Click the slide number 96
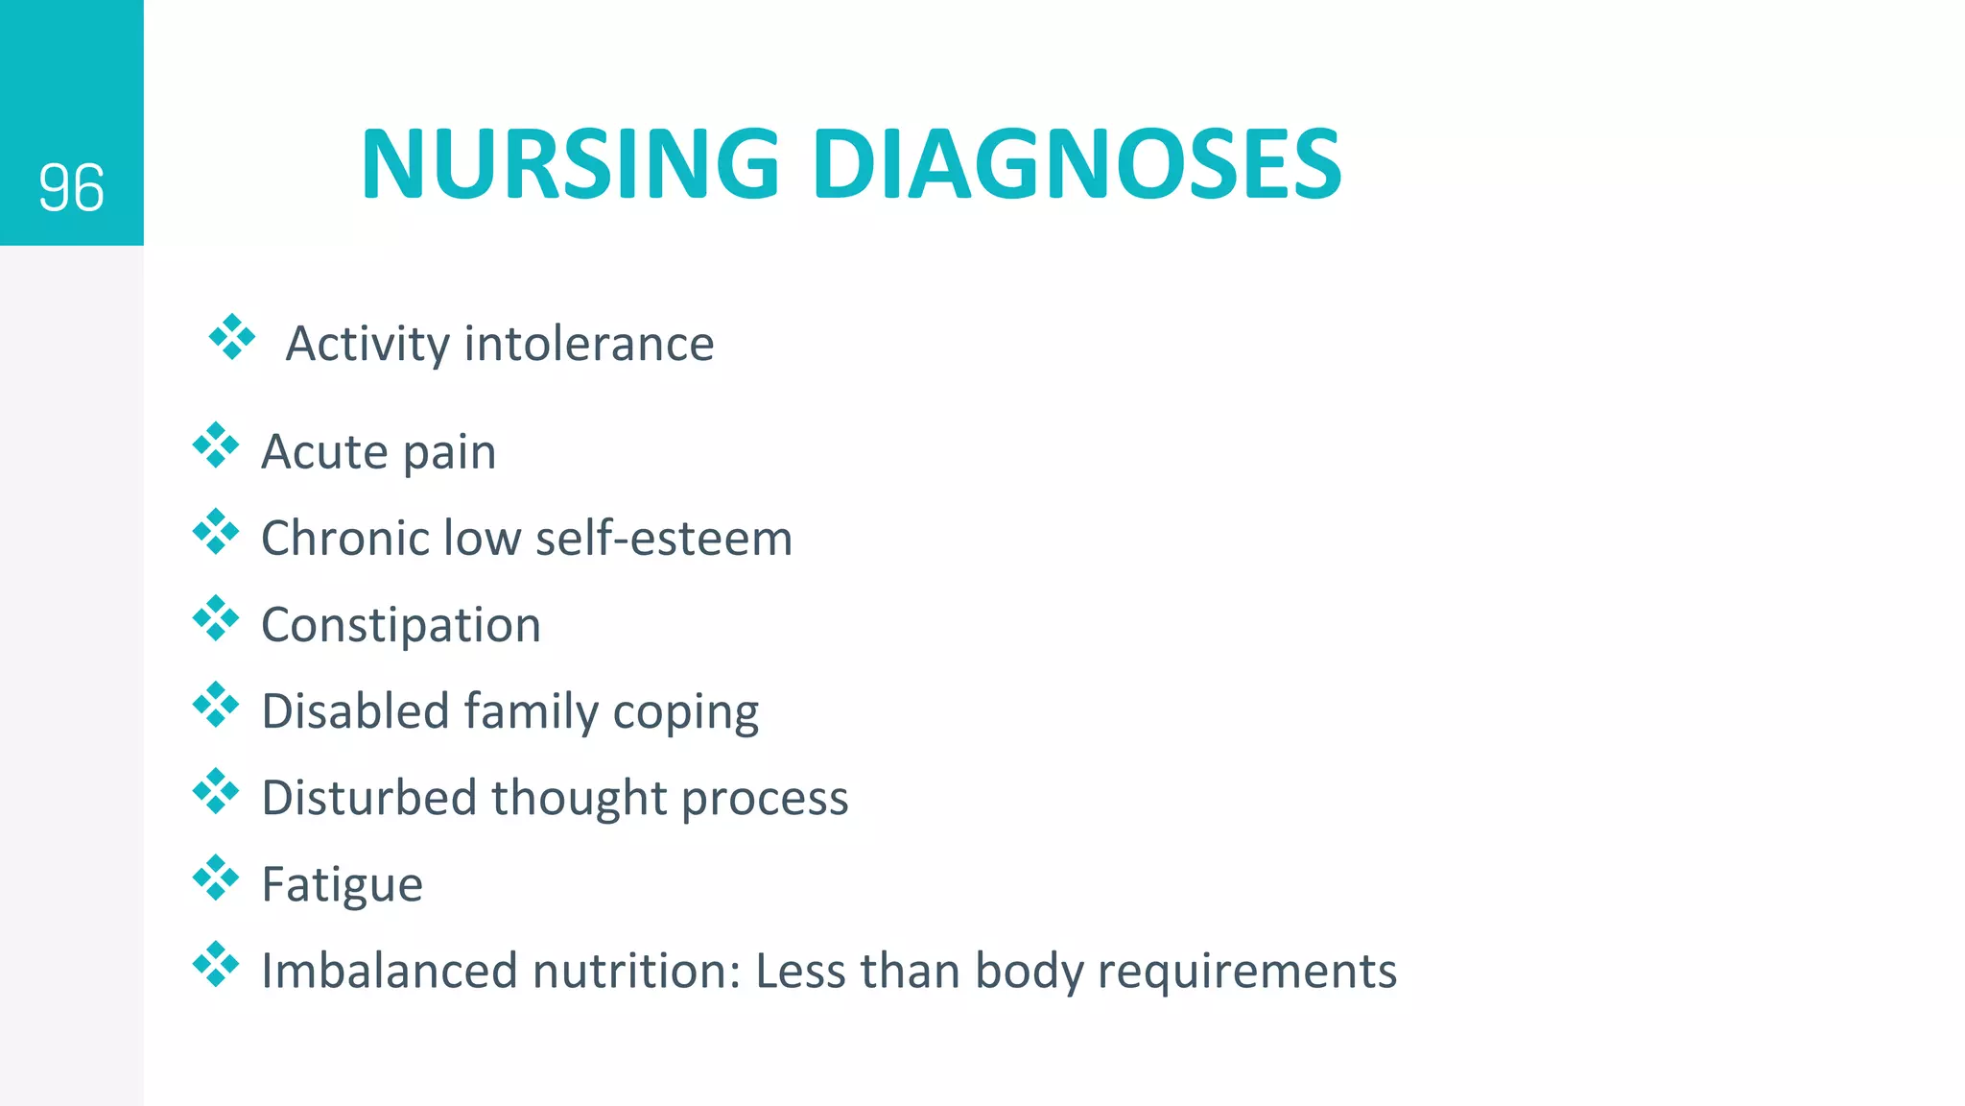[x=71, y=188]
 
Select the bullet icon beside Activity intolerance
[x=232, y=337]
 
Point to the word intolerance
[x=589, y=344]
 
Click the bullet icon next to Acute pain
[x=216, y=445]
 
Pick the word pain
[x=449, y=452]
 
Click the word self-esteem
[x=664, y=538]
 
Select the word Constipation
[x=401, y=625]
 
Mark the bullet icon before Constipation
[x=216, y=618]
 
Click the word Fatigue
[x=342, y=885]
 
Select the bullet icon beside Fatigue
[x=216, y=878]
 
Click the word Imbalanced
[x=390, y=971]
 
